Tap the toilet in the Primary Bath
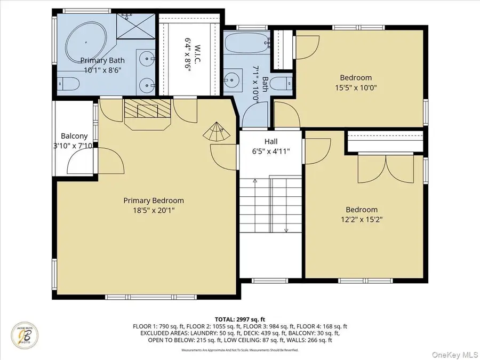coord(68,83)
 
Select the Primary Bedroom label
coord(154,201)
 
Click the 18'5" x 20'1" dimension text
coord(154,210)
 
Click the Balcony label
coord(74,136)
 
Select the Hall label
coord(271,142)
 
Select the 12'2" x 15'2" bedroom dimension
coord(361,219)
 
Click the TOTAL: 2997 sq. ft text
coord(239,318)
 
